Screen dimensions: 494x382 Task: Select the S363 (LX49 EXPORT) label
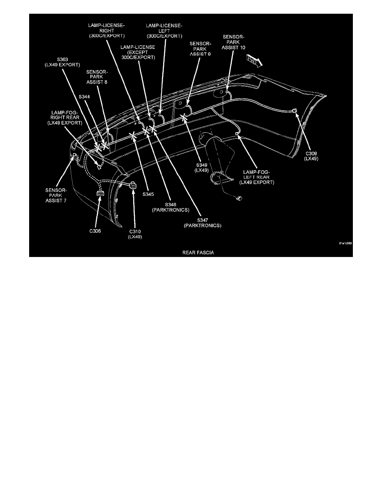[64, 62]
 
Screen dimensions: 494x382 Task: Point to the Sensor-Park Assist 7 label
[56, 195]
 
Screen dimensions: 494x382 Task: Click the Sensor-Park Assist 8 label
[97, 77]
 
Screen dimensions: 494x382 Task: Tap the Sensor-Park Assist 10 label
[234, 42]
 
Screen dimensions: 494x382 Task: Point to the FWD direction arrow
[253, 62]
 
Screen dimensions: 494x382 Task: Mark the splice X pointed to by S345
[133, 136]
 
